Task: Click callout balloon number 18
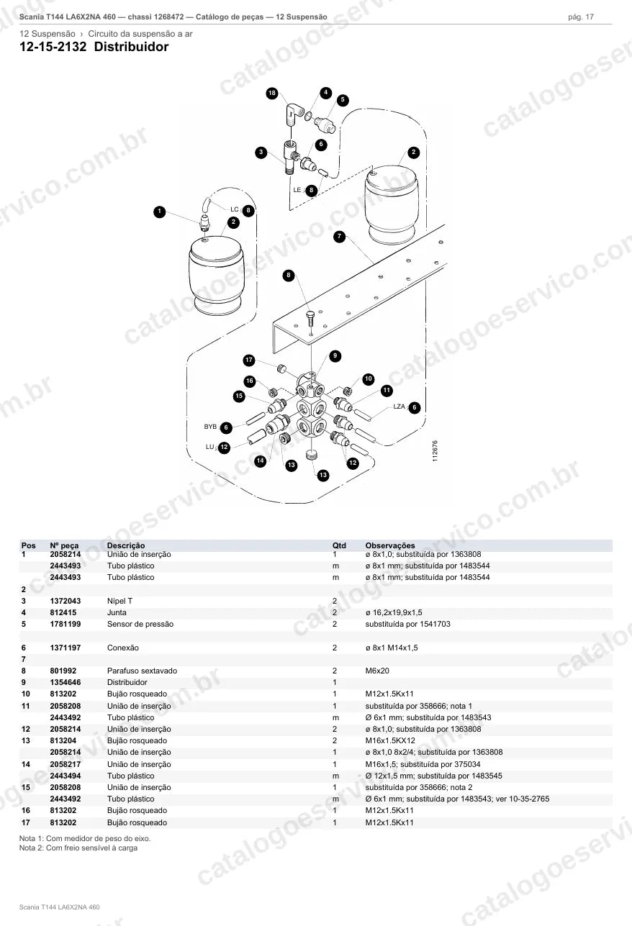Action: coord(272,93)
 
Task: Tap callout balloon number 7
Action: coord(339,237)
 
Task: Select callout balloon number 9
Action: coord(335,356)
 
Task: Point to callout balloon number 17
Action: coord(248,360)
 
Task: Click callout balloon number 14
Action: coord(260,460)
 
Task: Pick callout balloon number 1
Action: coord(159,212)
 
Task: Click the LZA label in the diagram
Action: coord(399,407)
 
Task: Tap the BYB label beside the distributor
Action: coord(210,427)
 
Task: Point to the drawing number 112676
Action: coord(435,451)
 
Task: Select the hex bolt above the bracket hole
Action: coord(310,318)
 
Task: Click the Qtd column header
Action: coord(339,545)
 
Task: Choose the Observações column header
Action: coord(390,545)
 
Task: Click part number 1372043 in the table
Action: coord(66,601)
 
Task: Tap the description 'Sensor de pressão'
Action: coord(140,625)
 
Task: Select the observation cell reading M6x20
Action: coord(377,671)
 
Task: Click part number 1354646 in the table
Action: coord(66,683)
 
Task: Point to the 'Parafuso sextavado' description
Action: coord(142,671)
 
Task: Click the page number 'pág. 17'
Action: coord(581,17)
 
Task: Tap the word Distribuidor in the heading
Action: coord(131,47)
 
